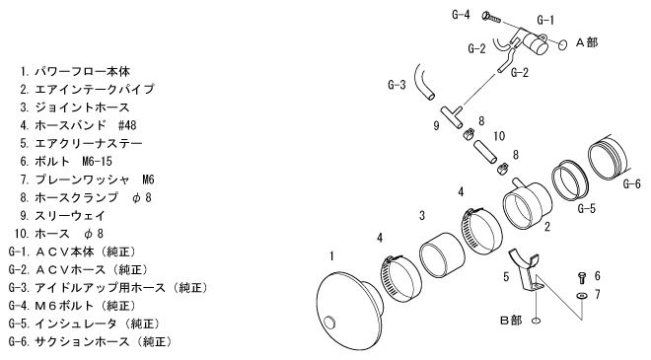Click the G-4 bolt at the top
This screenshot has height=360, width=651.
(491, 17)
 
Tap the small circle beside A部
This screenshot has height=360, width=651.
(562, 44)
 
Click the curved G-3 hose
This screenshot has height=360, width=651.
(423, 83)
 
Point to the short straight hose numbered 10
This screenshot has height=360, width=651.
(485, 153)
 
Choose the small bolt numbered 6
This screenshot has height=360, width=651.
(582, 278)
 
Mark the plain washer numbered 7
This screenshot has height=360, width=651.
(582, 295)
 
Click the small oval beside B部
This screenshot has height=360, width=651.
(536, 321)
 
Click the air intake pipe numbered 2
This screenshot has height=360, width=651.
(527, 204)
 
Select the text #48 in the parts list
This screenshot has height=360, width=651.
(127, 125)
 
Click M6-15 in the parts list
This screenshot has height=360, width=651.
(97, 161)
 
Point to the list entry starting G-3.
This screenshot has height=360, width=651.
(108, 287)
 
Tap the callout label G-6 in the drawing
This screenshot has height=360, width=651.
(632, 183)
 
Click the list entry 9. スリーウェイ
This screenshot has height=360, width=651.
(63, 215)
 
